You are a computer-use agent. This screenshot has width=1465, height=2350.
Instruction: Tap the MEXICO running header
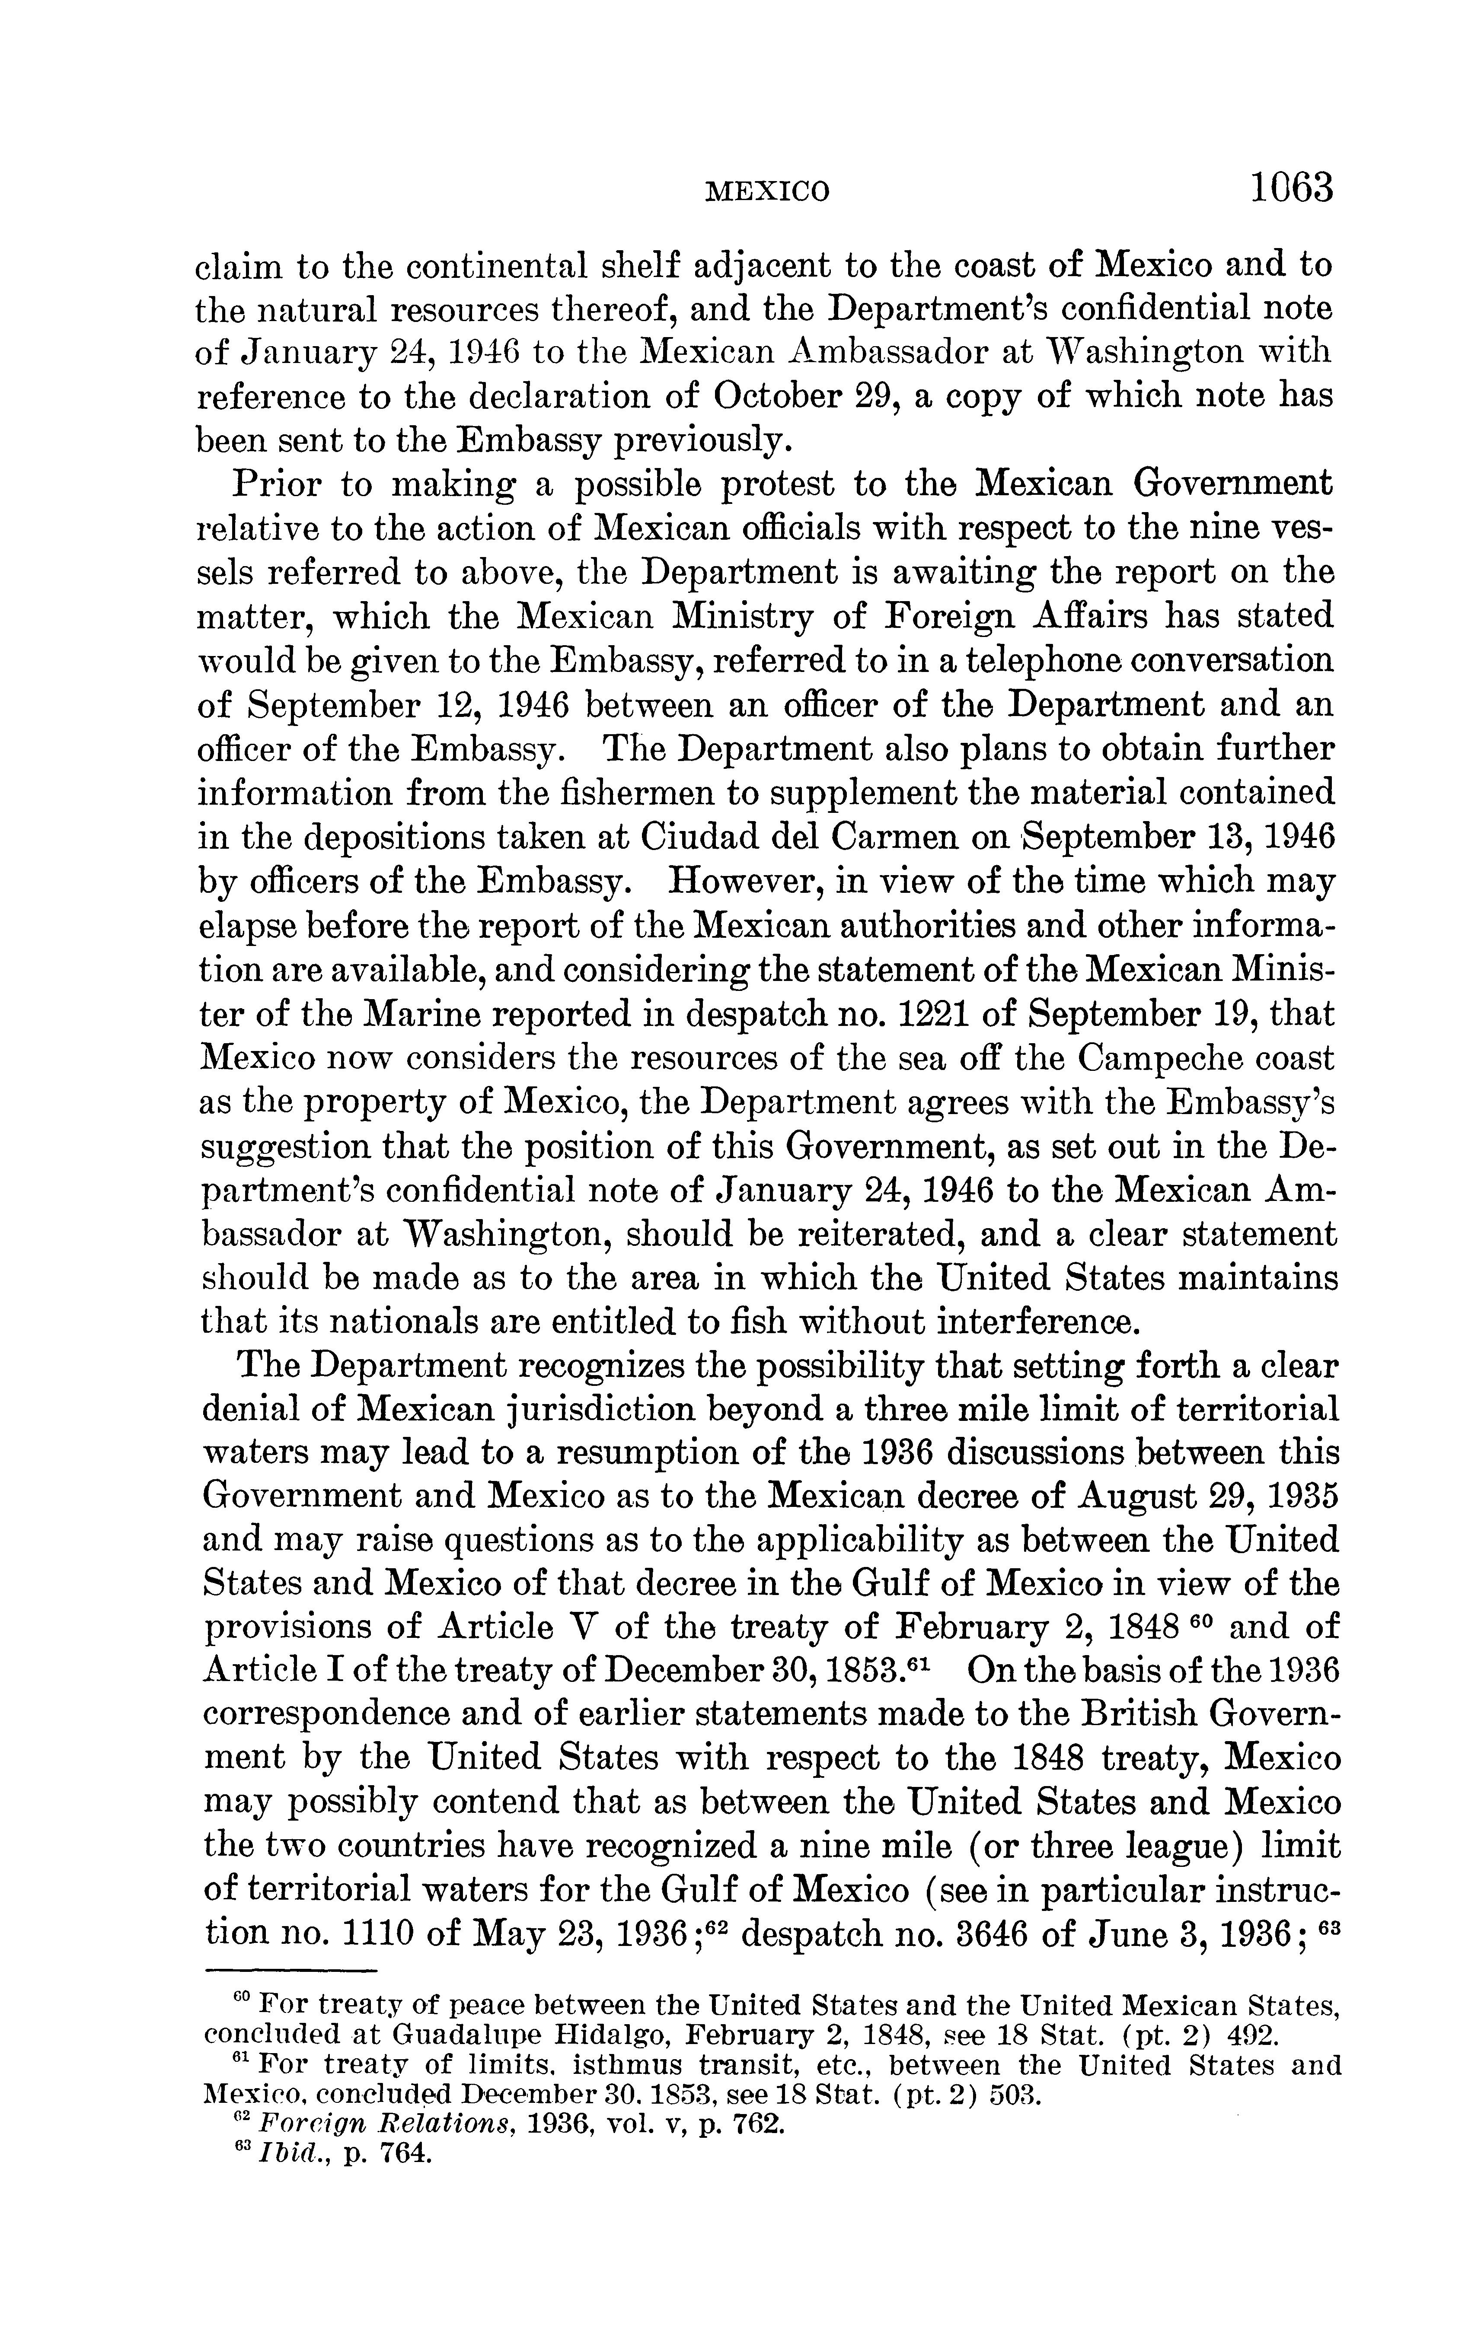(x=766, y=191)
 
